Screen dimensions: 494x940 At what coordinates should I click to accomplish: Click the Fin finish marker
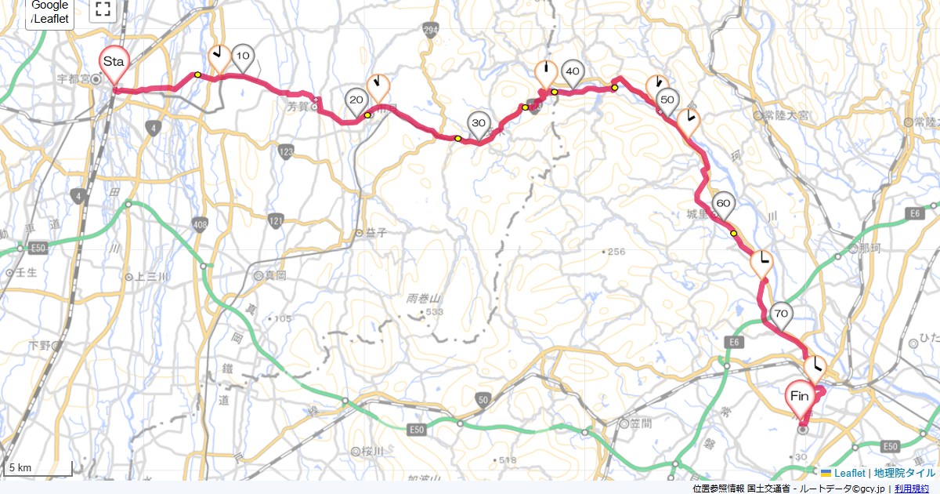(800, 396)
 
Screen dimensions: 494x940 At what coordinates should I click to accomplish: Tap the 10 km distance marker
(244, 56)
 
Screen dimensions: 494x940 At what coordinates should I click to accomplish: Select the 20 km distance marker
(356, 100)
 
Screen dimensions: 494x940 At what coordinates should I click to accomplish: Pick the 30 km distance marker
(479, 124)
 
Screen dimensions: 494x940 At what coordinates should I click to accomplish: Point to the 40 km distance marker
(572, 72)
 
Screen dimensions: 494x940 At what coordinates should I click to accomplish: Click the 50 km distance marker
(667, 100)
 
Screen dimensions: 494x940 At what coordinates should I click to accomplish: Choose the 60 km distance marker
(723, 205)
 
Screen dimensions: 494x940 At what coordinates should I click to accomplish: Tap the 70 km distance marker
(780, 314)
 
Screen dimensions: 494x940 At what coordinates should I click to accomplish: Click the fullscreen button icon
(103, 9)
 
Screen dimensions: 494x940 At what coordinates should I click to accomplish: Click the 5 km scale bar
(38, 468)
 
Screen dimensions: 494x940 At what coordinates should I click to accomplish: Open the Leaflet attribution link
(849, 473)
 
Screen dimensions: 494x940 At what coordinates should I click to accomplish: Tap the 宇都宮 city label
(75, 78)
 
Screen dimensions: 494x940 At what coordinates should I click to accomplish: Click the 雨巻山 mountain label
(425, 299)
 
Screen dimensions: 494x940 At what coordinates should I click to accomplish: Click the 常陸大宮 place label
(788, 115)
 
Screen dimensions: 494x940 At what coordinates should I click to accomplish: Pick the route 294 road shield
(429, 30)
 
